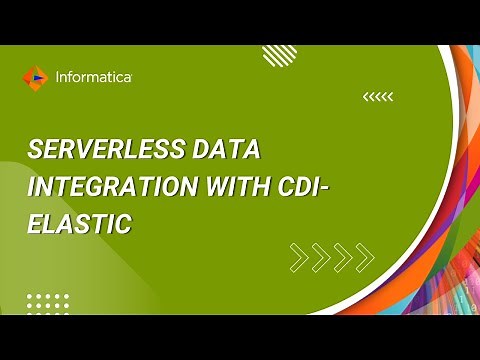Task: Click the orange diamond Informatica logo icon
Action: pos(35,76)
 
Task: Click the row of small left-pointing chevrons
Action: pos(377,97)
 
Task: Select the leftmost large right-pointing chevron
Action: pos(299,257)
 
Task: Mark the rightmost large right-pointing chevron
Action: pos(365,257)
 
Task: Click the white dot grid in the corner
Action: pos(47,302)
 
